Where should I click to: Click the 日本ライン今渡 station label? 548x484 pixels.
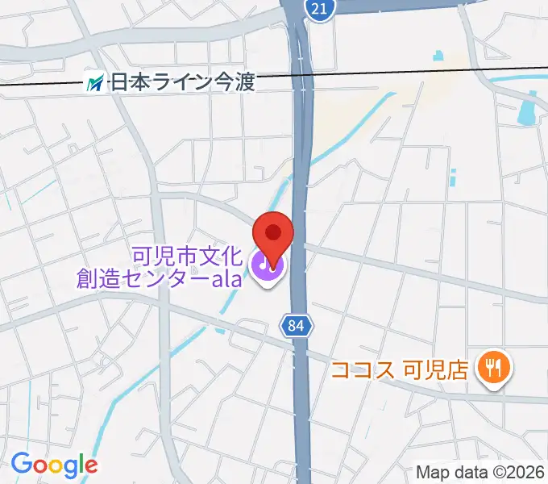181,81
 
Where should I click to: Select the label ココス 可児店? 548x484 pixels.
400,370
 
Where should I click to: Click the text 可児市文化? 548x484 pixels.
186,257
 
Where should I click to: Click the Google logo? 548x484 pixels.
54,464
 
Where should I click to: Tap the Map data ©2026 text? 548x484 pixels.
481,472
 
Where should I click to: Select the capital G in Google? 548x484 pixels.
19,464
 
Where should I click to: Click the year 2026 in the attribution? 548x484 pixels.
527,472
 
